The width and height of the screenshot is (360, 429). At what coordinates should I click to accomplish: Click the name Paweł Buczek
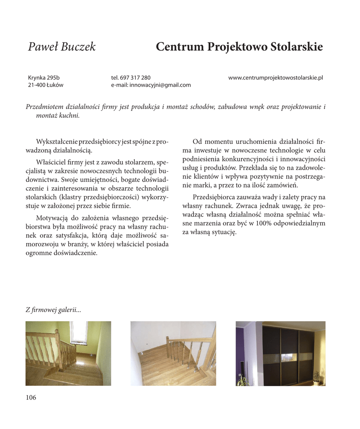(62, 47)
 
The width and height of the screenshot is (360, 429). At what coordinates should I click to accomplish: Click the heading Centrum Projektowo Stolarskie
(239, 47)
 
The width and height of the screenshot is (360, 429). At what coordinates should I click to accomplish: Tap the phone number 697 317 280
(135, 78)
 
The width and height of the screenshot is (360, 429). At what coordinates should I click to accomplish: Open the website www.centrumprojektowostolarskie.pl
(276, 78)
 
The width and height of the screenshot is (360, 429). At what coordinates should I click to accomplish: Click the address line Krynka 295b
(44, 78)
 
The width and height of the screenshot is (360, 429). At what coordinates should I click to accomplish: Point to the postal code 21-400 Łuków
(46, 85)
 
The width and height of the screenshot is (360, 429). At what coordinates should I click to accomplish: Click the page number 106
(31, 398)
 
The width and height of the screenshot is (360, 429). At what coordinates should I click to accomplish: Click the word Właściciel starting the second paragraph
(52, 162)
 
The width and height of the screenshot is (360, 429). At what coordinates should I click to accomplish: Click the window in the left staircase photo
(78, 332)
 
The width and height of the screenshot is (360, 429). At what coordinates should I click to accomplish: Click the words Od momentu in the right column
(208, 142)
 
